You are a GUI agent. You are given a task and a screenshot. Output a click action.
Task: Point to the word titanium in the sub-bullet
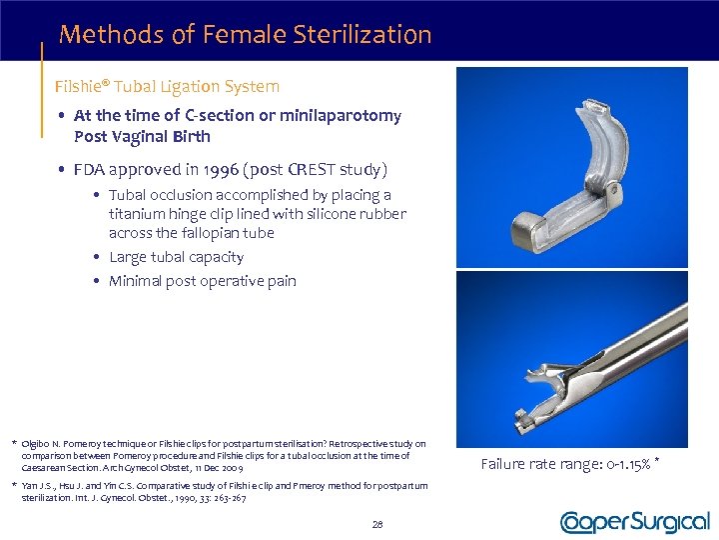tap(137, 214)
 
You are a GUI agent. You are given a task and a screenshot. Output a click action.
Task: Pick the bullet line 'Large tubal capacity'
tap(176, 257)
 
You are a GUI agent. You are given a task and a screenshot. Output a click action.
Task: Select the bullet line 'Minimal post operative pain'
tap(202, 281)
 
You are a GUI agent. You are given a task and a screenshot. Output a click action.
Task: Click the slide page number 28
tap(377, 524)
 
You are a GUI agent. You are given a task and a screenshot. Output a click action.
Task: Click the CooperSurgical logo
tap(634, 523)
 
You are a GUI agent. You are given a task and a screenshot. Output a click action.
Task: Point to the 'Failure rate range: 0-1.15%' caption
tap(567, 463)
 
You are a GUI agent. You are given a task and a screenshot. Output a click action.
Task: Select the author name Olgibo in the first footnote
tap(39, 443)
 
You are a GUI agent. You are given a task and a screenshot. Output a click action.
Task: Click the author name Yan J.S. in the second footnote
tap(41, 486)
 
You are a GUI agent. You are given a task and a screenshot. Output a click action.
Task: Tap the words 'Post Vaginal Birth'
tap(142, 137)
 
